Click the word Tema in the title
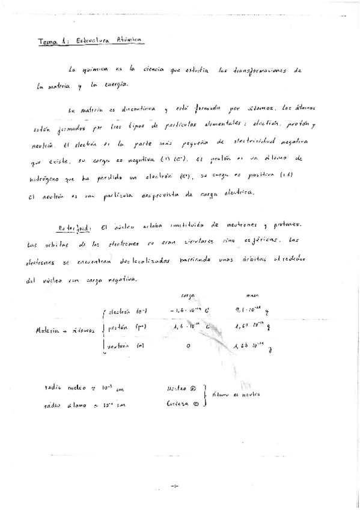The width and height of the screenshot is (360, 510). (46, 41)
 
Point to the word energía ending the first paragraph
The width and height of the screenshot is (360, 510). (115, 86)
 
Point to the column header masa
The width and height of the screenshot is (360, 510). (252, 295)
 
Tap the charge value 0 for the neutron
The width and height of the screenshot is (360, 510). (189, 347)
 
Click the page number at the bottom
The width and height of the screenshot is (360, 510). (175, 485)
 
